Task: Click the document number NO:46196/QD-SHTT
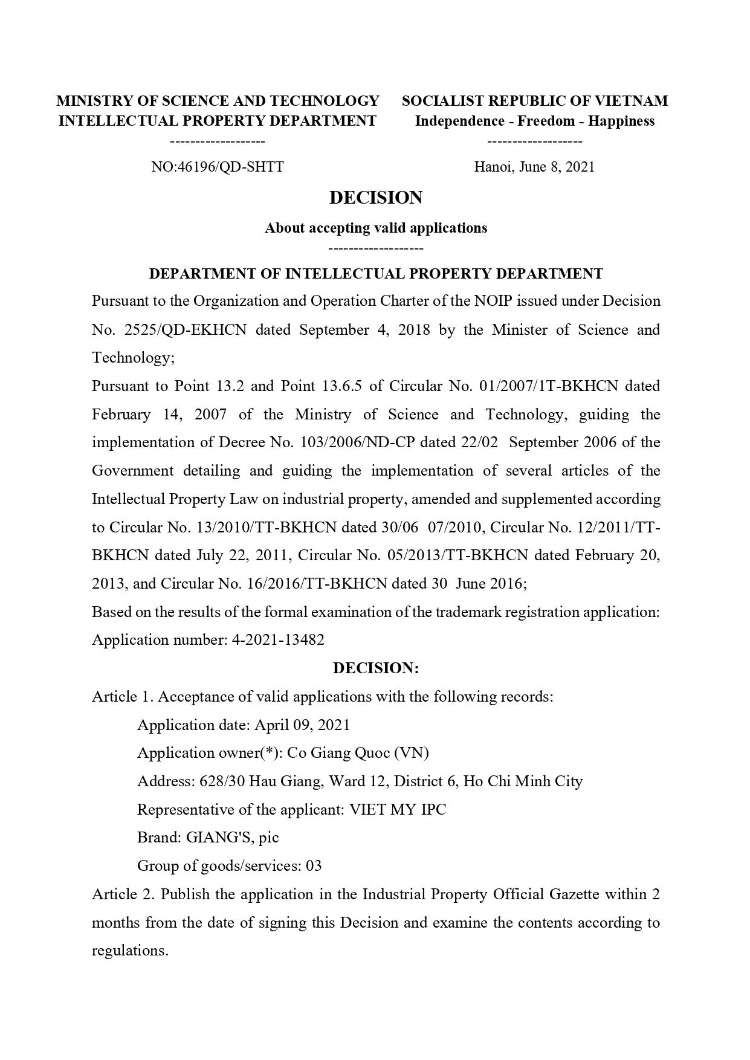pos(218,167)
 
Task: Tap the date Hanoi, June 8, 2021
pos(534,167)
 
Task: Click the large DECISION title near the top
pos(375,198)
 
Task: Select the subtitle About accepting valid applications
pos(375,228)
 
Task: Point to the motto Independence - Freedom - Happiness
pos(534,121)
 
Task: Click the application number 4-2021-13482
pos(278,640)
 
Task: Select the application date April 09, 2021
pos(302,725)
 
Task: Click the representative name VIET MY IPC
pos(398,809)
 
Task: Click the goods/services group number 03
pos(314,866)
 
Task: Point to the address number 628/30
pos(222,781)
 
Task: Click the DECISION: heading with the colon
pos(375,668)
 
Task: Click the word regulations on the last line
pos(129,951)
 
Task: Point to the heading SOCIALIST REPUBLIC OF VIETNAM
pos(535,101)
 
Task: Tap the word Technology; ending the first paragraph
pos(133,358)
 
